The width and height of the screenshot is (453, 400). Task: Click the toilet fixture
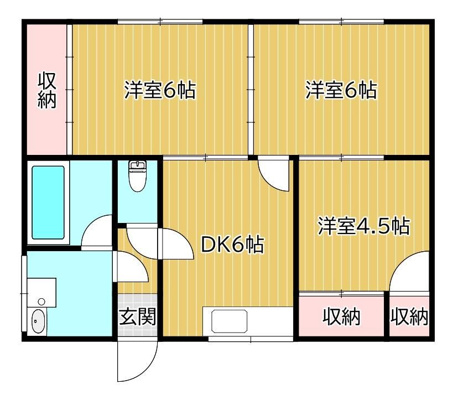coord(138,176)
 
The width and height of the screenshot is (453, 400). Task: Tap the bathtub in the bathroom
coord(48,202)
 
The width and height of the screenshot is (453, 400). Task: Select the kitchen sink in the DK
coord(230,321)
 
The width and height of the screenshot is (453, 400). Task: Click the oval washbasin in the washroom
coord(38,321)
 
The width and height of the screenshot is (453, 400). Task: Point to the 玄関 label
coord(138,316)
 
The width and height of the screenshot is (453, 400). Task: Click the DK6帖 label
coord(232,245)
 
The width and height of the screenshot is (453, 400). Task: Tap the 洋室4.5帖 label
coord(364,226)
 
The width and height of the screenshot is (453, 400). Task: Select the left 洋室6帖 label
coord(160,90)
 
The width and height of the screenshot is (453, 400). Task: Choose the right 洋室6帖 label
coord(341,90)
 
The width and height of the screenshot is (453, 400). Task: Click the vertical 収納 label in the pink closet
coord(47,91)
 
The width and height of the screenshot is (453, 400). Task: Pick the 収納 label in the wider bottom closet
coord(341,316)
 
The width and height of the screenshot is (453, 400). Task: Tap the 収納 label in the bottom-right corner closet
coord(409,316)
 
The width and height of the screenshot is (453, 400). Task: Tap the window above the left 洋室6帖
coord(160,22)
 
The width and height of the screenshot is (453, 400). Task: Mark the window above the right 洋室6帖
coord(341,22)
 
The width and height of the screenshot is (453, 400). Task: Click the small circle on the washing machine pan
coord(41,302)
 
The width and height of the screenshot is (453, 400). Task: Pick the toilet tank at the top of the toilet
coord(138,165)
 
